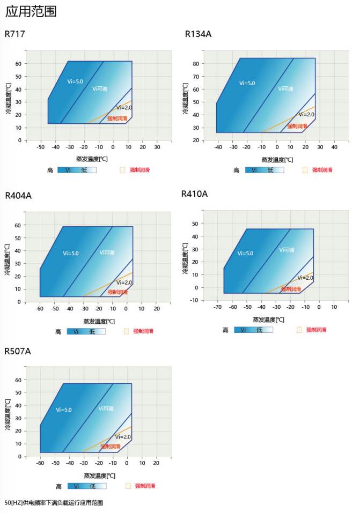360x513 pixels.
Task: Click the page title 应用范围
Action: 31,11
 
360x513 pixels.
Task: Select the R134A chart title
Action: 198,34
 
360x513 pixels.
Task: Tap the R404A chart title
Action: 18,196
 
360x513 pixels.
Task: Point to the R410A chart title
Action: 194,194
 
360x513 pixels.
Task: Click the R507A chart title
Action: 18,352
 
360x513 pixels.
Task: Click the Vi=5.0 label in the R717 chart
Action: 75,81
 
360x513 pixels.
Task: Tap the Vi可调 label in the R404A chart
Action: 107,252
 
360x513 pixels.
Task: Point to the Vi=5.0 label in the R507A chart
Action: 63,410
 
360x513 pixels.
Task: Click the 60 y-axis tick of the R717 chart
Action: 19,64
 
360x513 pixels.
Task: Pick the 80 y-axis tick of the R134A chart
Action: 196,64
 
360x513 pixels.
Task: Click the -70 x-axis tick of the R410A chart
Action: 217,308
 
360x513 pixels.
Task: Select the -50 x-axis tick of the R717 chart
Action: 40,147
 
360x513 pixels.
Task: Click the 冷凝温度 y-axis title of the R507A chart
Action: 8,414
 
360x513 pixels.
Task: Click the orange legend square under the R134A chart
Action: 305,170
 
